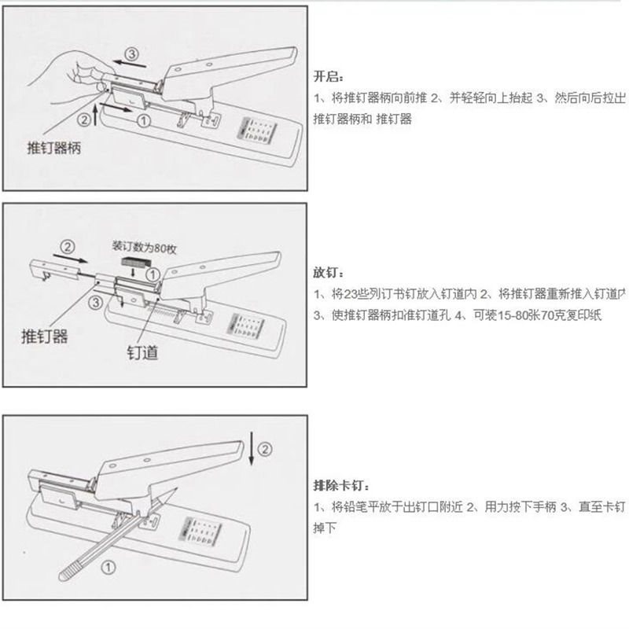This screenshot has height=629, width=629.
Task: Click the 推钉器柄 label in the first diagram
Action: [x=53, y=148]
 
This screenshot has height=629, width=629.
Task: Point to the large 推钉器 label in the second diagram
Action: [x=44, y=337]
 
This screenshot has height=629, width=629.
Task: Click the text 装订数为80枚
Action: [x=145, y=247]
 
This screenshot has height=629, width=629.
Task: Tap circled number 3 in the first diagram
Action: [x=131, y=55]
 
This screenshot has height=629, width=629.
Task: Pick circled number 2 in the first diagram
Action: [x=83, y=120]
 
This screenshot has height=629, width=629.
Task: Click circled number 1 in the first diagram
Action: [x=142, y=120]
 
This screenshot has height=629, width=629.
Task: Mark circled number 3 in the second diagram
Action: [x=95, y=301]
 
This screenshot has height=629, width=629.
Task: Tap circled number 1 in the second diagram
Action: [x=154, y=273]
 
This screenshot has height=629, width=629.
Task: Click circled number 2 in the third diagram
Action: [x=265, y=450]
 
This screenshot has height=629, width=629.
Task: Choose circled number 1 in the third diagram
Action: [x=109, y=565]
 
